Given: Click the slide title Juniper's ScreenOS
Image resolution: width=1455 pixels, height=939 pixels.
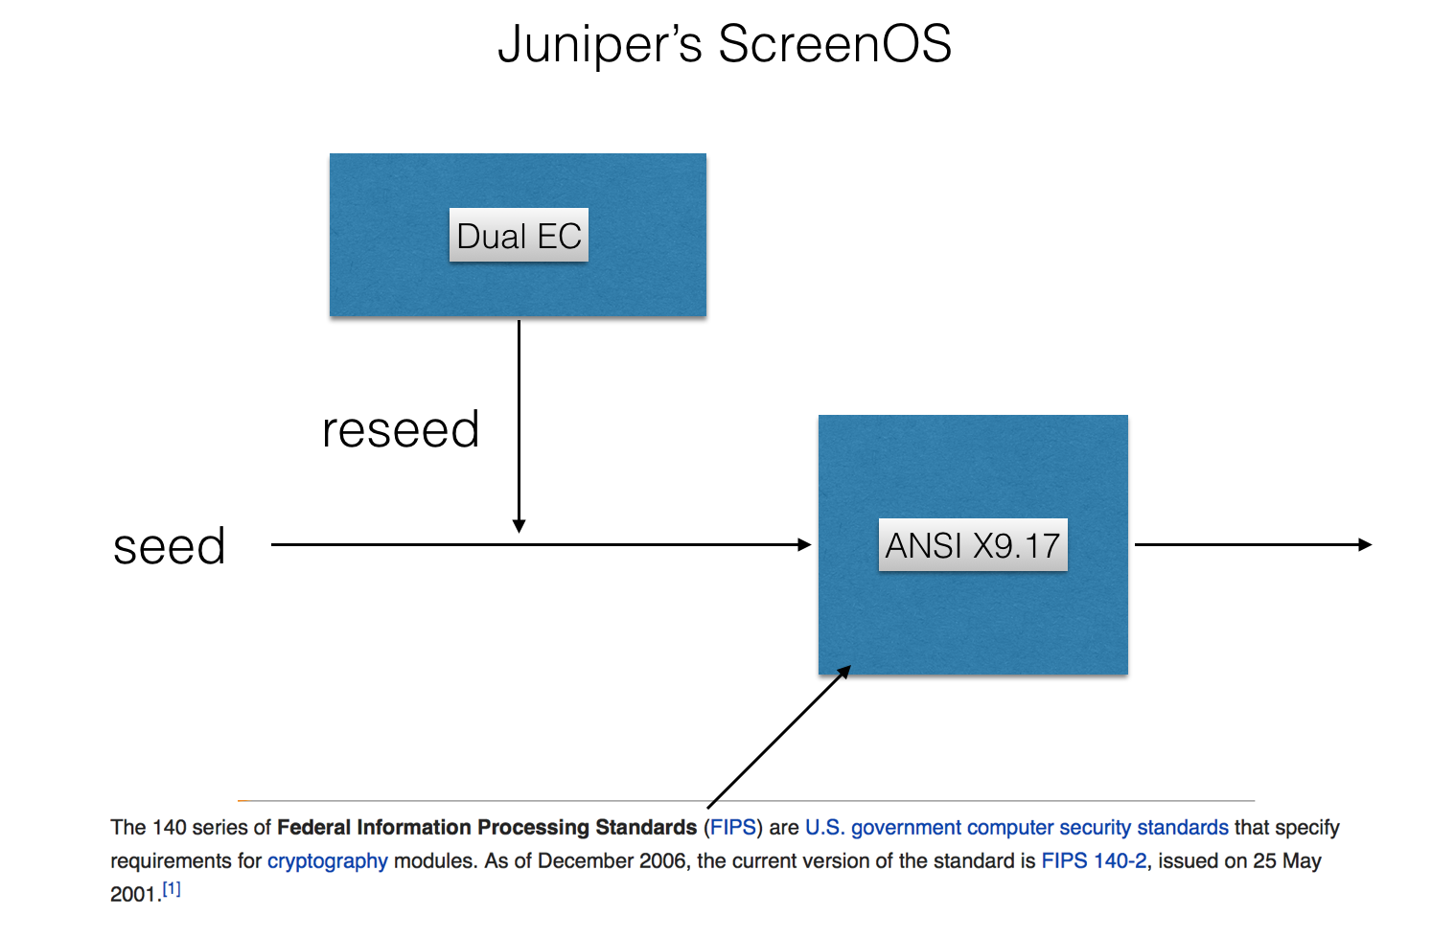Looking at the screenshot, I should [725, 45].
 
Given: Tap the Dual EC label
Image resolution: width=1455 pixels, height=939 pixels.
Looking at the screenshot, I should [519, 236].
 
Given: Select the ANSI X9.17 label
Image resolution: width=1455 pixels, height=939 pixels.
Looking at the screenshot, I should [972, 545].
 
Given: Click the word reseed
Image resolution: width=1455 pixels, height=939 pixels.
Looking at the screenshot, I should [401, 429].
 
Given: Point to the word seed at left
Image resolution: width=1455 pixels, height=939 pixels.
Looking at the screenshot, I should [170, 547].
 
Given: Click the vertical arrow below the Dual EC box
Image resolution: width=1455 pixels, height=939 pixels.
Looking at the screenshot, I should [519, 412].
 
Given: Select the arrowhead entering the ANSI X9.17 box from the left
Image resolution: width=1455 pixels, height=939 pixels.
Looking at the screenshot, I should [805, 544].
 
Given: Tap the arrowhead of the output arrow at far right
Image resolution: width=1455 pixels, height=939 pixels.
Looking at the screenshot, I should [1366, 544].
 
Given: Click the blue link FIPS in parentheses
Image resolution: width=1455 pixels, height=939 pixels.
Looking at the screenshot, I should [733, 827].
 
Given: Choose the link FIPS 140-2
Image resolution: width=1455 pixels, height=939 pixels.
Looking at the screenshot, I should [1094, 860].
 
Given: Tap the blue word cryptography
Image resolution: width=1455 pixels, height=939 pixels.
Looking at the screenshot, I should [327, 860].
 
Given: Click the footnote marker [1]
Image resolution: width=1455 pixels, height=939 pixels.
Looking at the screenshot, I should [172, 889].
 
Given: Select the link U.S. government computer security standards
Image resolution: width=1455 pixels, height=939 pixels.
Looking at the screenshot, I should [1016, 827].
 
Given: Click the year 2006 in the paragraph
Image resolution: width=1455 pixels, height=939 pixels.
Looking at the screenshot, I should [663, 860].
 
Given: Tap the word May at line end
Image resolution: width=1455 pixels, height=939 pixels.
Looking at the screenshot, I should [1302, 860].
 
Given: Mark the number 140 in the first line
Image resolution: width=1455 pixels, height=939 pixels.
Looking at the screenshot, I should [169, 827].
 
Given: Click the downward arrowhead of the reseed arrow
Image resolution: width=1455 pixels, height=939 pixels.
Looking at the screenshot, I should [519, 526].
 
